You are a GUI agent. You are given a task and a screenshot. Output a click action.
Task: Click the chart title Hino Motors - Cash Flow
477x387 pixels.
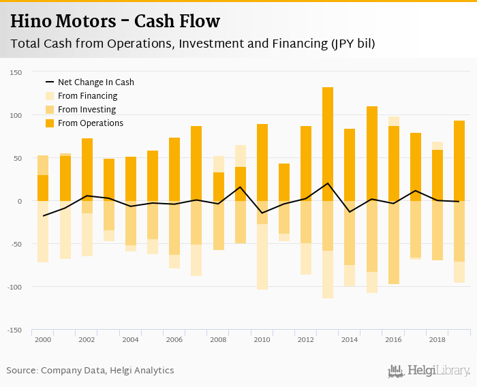(114, 22)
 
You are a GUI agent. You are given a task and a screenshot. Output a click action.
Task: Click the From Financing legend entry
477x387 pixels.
(87, 96)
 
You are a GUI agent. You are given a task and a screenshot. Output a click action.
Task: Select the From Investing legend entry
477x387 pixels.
(87, 110)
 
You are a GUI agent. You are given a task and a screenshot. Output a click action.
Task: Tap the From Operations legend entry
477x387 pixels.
(90, 123)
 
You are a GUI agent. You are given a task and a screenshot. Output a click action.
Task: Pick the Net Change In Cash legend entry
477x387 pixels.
(95, 82)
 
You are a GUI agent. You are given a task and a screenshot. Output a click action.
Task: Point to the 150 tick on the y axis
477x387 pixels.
(16, 72)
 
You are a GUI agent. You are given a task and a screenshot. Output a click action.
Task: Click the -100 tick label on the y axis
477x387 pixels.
(15, 287)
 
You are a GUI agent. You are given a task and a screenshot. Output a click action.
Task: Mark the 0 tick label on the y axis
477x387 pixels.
(20, 201)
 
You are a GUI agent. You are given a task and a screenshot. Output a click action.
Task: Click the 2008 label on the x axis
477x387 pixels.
(218, 339)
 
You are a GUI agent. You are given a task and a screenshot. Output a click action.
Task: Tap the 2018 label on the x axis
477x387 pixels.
(437, 339)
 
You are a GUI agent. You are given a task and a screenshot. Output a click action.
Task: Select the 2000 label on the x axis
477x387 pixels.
(43, 339)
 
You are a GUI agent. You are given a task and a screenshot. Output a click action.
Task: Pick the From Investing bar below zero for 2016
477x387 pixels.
(393, 242)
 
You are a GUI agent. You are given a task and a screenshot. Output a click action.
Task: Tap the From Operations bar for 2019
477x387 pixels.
(459, 161)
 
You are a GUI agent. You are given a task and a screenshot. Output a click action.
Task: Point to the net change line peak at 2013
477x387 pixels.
(328, 183)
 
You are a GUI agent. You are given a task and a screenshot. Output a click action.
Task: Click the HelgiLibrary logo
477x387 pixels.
(429, 371)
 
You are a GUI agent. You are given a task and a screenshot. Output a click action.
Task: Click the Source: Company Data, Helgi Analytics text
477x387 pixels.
(90, 371)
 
